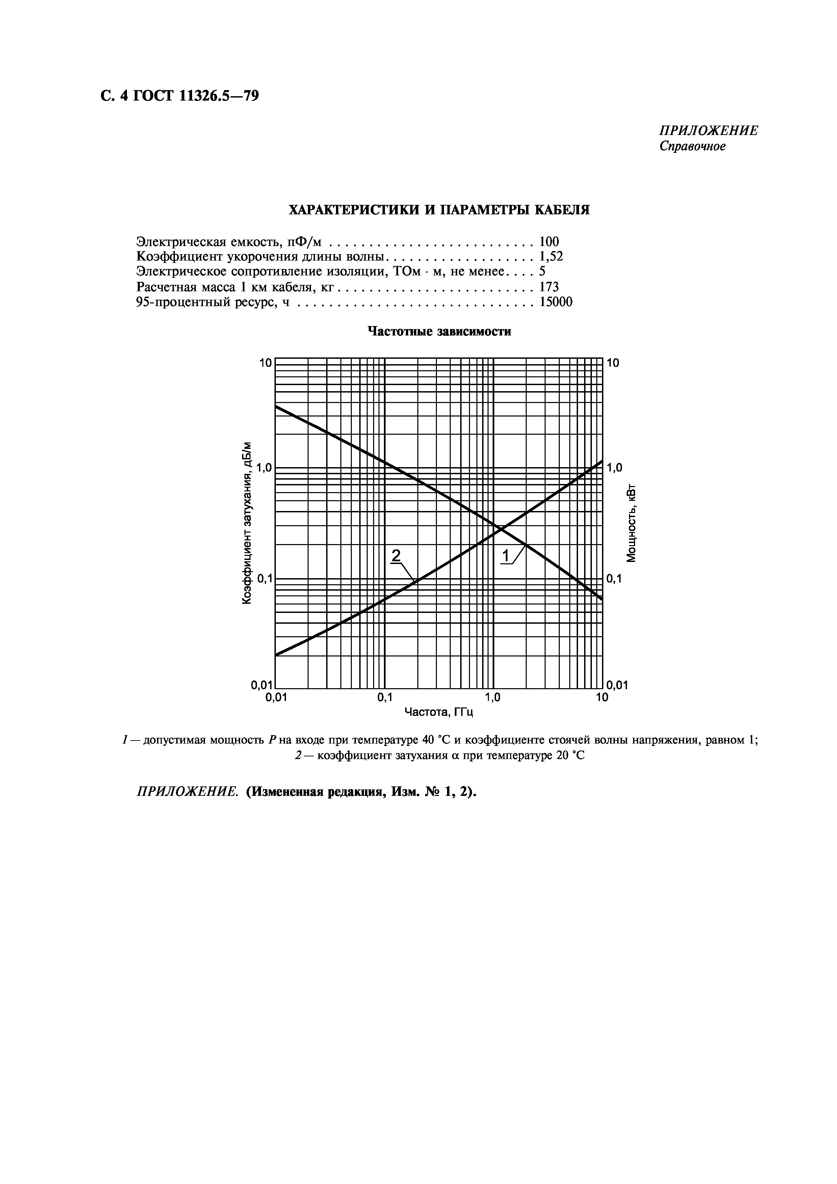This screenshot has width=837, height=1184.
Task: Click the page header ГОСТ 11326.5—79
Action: coord(178,96)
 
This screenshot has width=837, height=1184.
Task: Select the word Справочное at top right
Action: coord(692,146)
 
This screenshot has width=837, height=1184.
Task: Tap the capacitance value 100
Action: coord(549,241)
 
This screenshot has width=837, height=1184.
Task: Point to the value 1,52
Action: coord(551,256)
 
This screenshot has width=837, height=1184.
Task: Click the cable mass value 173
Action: coord(549,287)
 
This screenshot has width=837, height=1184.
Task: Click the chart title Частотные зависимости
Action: coord(439,331)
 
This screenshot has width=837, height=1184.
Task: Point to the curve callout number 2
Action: coord(396,556)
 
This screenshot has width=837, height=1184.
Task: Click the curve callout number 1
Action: coord(506,556)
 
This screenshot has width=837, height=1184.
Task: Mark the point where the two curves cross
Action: coord(499,529)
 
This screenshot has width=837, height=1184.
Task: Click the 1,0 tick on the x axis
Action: coord(493,697)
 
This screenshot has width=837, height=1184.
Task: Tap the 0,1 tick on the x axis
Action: coord(384,697)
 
